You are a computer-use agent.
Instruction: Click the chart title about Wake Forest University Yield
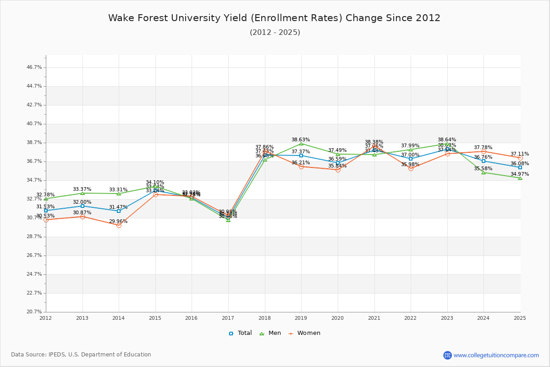[274, 18]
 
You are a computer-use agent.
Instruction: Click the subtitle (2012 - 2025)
[275, 32]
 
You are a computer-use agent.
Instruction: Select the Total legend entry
[241, 333]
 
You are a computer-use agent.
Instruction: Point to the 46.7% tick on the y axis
[34, 67]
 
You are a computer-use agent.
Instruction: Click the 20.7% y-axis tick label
[34, 311]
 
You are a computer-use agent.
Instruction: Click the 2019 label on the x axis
[301, 317]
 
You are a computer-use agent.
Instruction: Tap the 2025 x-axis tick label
[520, 317]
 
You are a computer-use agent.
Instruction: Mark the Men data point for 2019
[301, 144]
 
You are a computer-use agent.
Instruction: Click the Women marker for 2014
[119, 225]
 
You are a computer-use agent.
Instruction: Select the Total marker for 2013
[82, 206]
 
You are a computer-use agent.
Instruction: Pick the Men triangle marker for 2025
[520, 178]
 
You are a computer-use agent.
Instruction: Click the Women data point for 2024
[484, 151]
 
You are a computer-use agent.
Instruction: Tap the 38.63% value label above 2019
[301, 139]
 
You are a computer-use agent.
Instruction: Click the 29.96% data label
[118, 221]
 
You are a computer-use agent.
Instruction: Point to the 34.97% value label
[520, 174]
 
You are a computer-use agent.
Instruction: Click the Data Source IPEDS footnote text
[81, 355]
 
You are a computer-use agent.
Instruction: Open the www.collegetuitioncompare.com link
[496, 355]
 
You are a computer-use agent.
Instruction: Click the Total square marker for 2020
[338, 163]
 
